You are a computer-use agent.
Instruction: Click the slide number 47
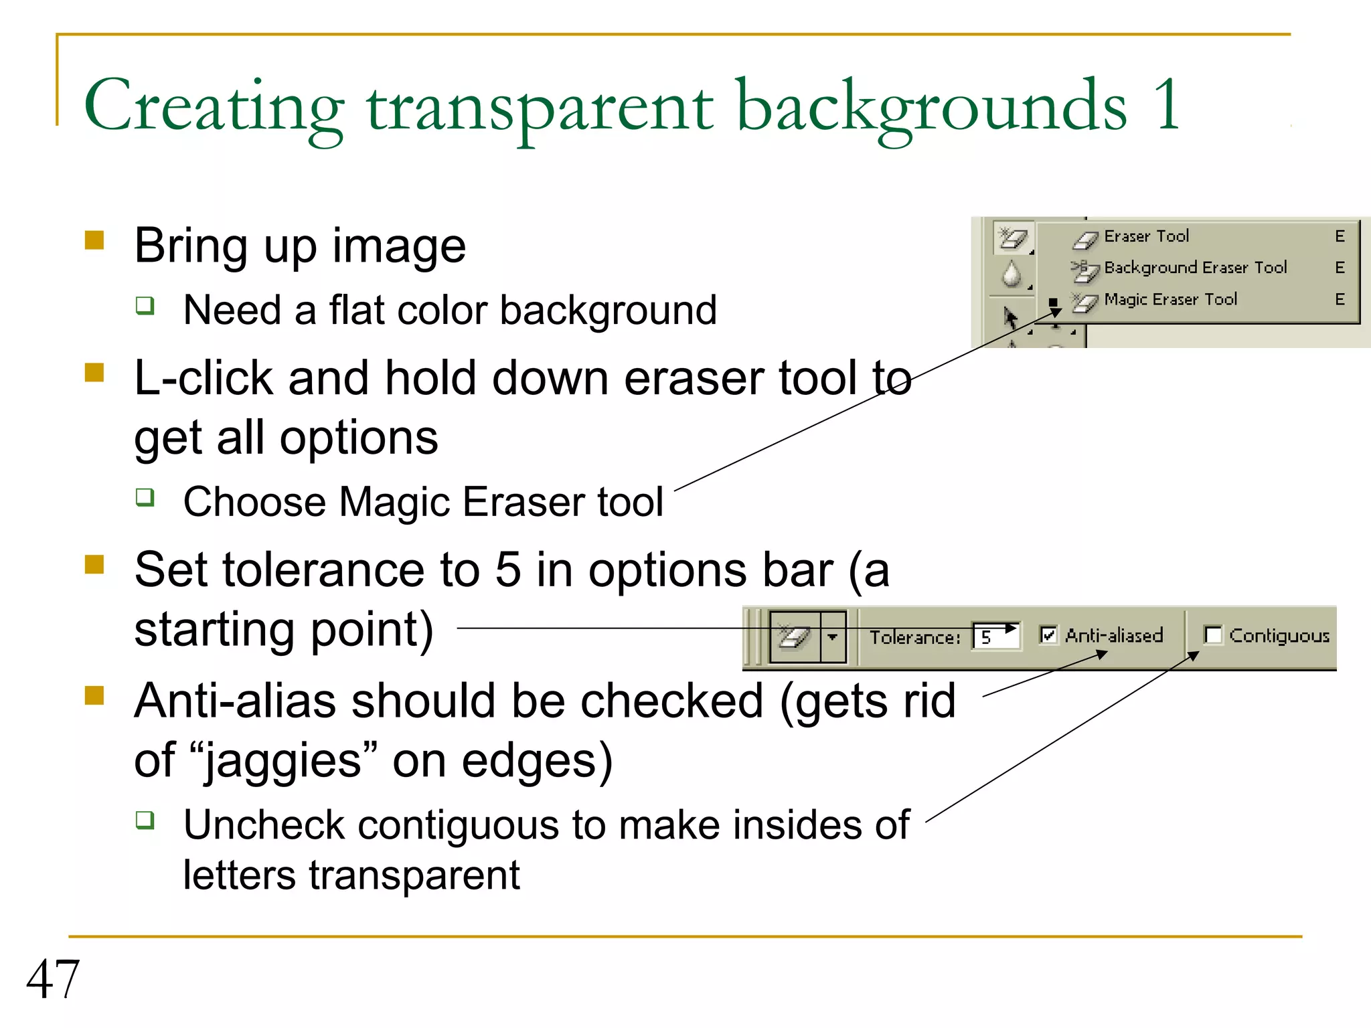coord(53,979)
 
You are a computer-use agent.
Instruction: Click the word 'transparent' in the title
coord(540,107)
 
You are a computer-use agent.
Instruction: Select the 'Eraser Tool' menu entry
coord(1146,236)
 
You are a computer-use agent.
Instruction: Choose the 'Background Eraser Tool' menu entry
coord(1195,268)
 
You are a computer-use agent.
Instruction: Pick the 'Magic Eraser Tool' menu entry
coord(1170,299)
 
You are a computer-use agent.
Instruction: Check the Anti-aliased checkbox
coord(1048,634)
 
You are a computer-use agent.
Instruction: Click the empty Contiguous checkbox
coord(1212,634)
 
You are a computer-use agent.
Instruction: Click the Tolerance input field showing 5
coord(997,636)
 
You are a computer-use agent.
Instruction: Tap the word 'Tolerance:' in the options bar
coord(914,637)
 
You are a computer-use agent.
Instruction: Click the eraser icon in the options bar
coord(795,636)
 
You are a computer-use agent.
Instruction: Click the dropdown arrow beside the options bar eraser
coord(833,636)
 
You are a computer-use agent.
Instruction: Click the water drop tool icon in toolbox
coord(1012,274)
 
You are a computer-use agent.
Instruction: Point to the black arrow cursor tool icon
coord(1010,317)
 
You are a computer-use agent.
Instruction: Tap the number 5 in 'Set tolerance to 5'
coord(508,570)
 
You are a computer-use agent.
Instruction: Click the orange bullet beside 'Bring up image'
coord(94,240)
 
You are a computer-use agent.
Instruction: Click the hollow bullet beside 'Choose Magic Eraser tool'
coord(145,497)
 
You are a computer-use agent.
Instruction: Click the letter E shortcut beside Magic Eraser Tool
coord(1340,299)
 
